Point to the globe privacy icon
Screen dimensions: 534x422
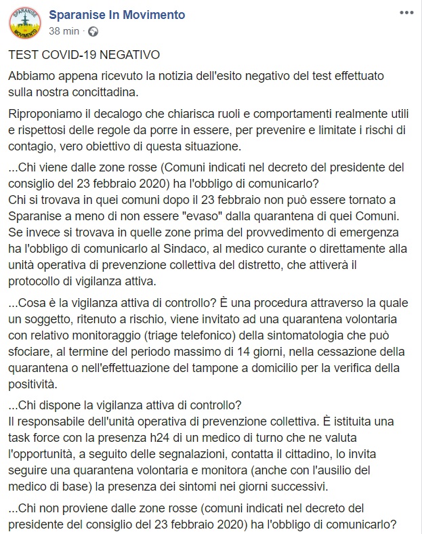[93, 31]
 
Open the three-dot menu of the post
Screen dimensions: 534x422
[405, 13]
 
